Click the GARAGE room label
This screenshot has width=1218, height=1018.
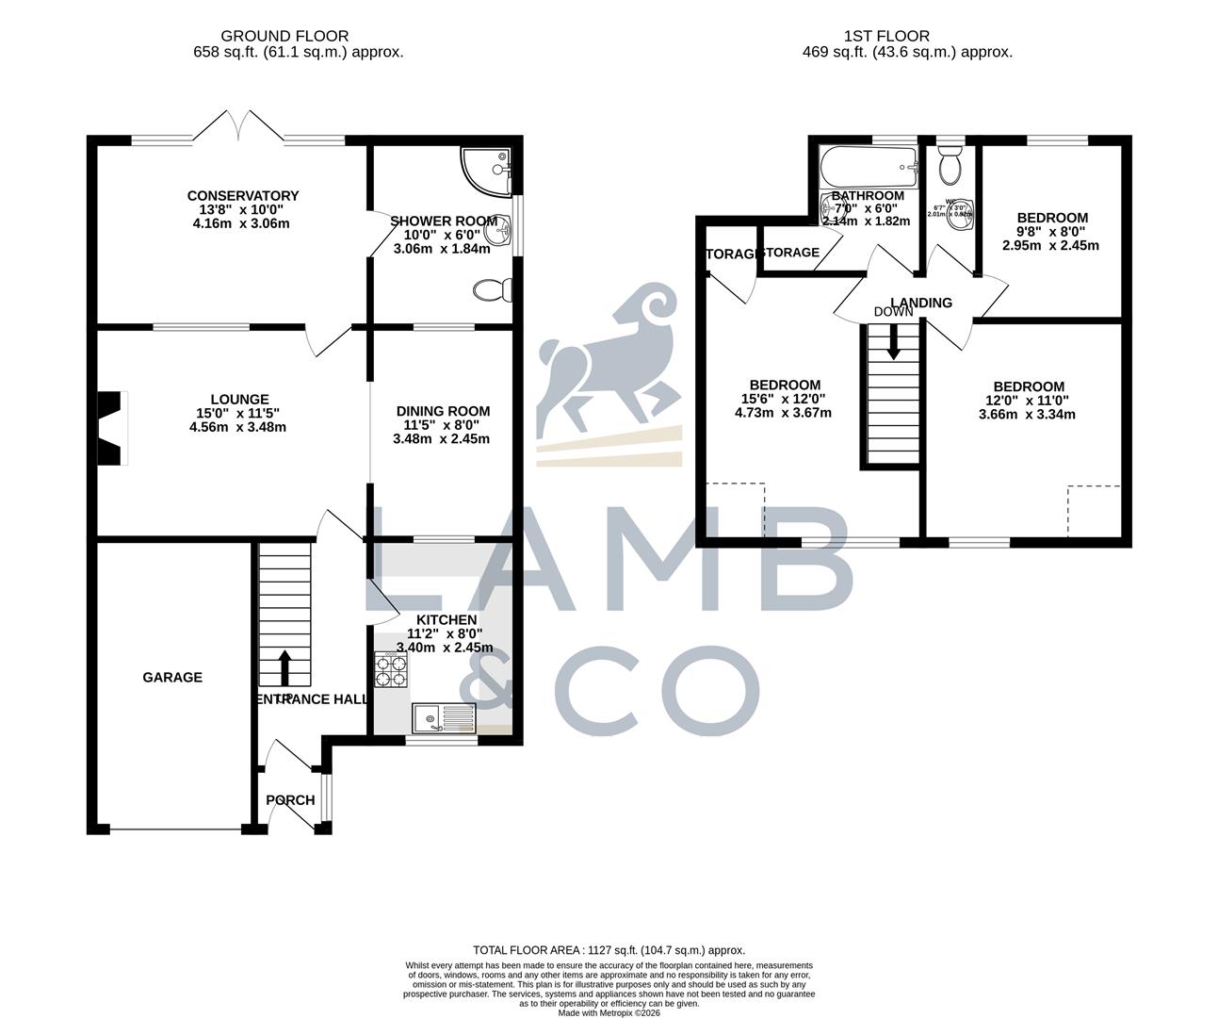(172, 677)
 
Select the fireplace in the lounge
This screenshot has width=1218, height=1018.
(113, 428)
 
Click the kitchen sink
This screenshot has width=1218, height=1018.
(445, 718)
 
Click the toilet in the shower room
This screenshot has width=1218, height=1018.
(494, 290)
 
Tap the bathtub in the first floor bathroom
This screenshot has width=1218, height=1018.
(868, 168)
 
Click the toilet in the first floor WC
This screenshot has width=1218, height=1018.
(950, 167)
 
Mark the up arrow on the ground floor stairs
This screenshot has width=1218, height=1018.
(284, 666)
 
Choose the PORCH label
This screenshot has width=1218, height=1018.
(290, 800)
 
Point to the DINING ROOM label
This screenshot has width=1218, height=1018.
(443, 411)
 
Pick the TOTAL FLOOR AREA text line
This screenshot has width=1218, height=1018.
(609, 950)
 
